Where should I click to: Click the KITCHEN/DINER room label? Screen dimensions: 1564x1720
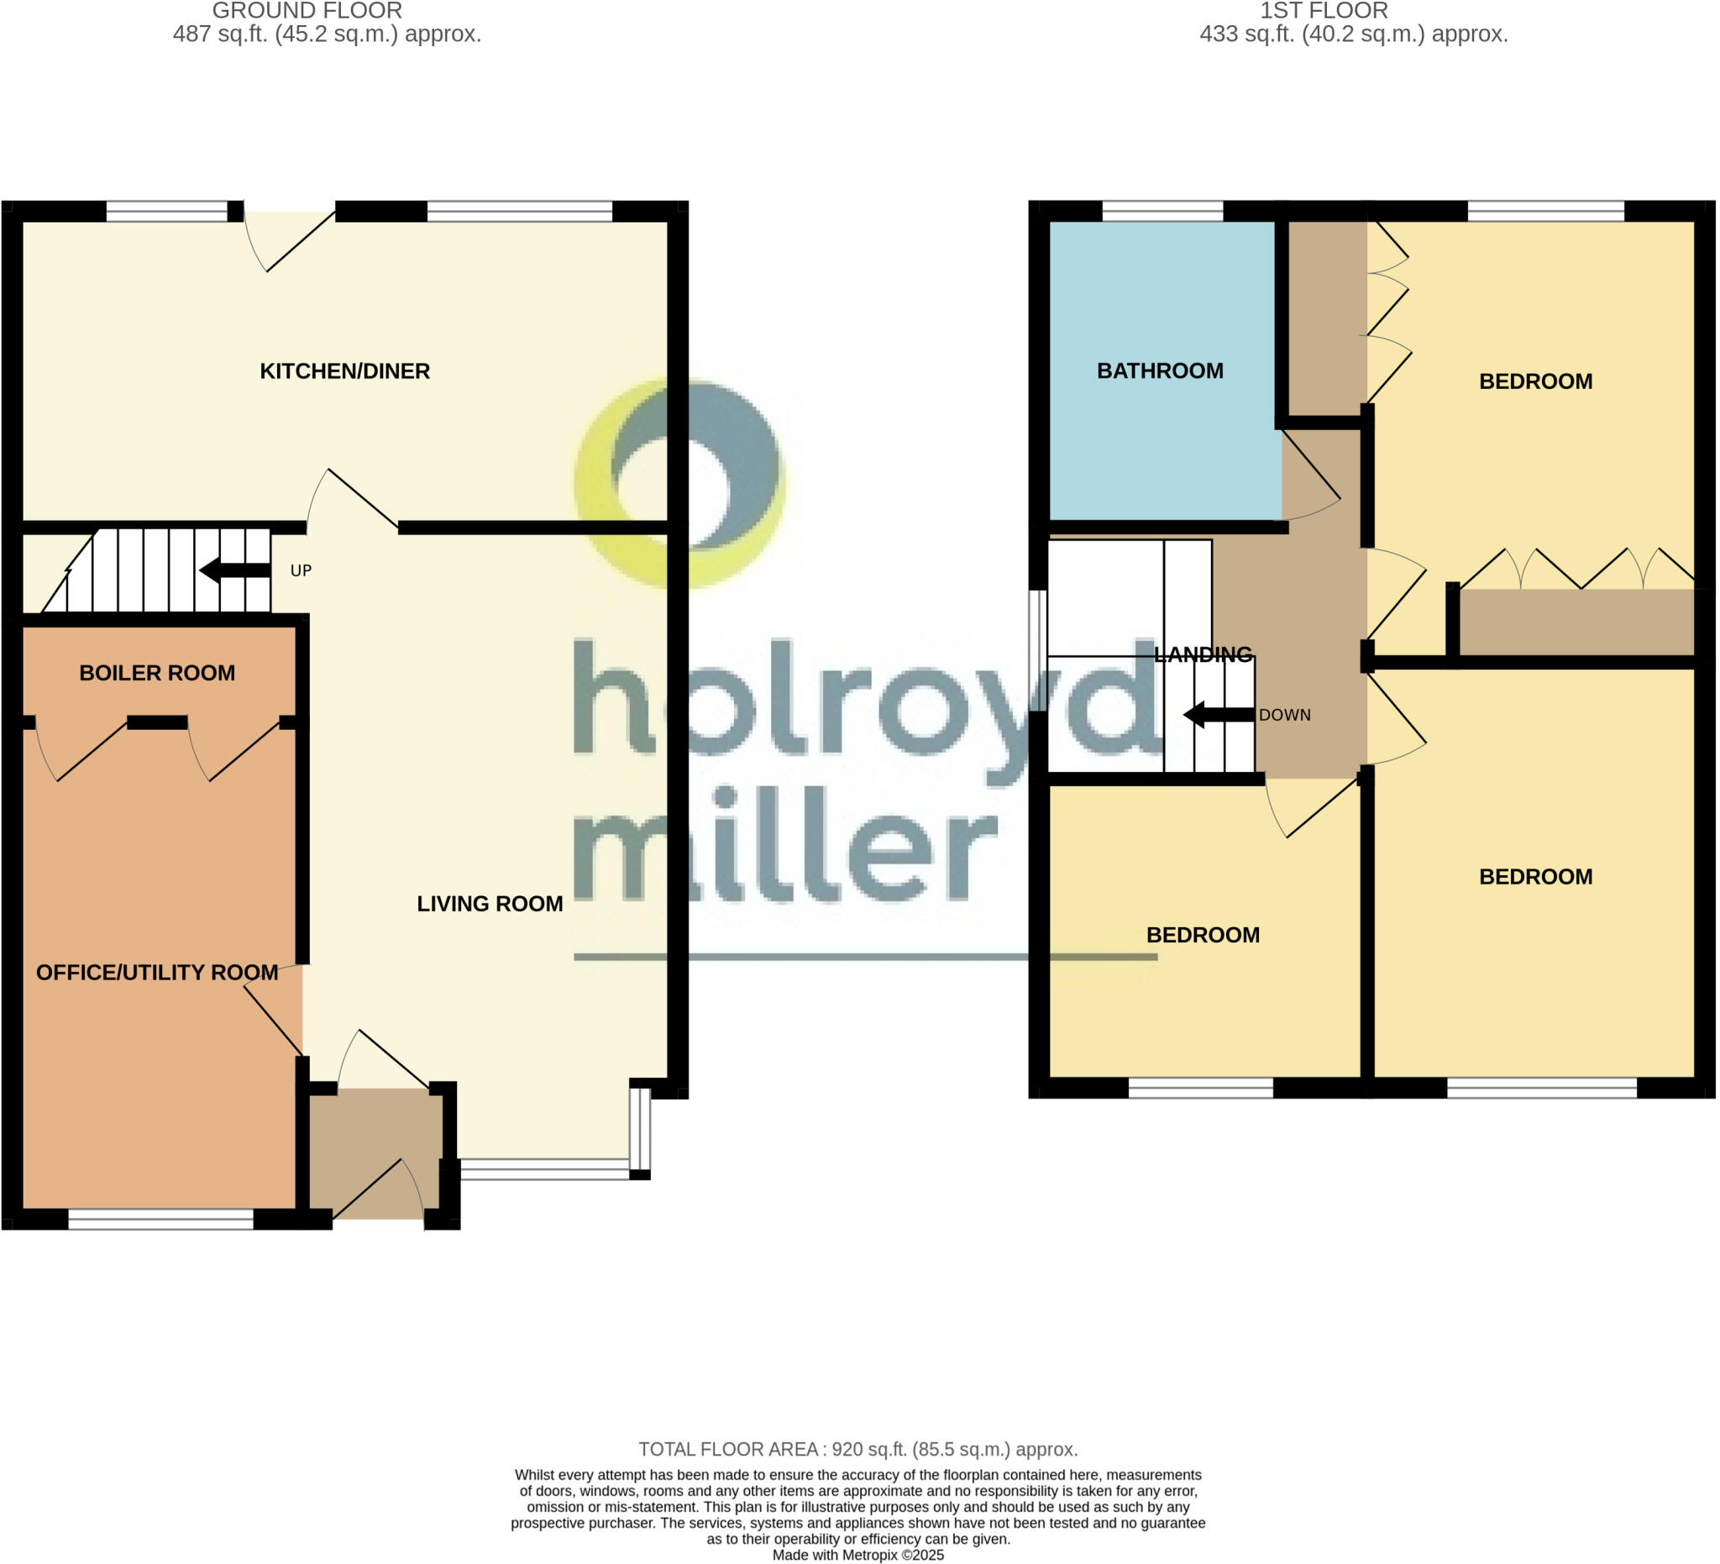[344, 371]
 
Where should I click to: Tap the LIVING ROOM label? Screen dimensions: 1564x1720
[490, 904]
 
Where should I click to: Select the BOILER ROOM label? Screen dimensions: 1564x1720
[157, 673]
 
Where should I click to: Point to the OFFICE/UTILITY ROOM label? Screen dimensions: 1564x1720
[157, 973]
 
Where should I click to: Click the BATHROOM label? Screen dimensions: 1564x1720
[1161, 371]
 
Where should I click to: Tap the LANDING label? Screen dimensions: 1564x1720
[1203, 654]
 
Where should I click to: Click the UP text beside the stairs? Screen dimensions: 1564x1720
[302, 571]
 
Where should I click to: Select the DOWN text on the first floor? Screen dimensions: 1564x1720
[1285, 715]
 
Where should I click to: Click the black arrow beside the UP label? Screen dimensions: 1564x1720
[234, 570]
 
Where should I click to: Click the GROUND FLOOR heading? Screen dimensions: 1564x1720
[307, 11]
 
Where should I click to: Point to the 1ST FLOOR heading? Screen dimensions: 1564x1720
[1324, 11]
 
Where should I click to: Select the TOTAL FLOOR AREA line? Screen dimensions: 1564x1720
[858, 1450]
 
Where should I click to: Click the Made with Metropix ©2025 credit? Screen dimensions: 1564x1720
[858, 1555]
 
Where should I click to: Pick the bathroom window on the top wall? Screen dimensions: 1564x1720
[1163, 211]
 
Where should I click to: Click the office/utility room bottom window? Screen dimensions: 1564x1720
[160, 1220]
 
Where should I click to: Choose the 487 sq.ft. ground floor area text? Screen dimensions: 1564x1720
[327, 34]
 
